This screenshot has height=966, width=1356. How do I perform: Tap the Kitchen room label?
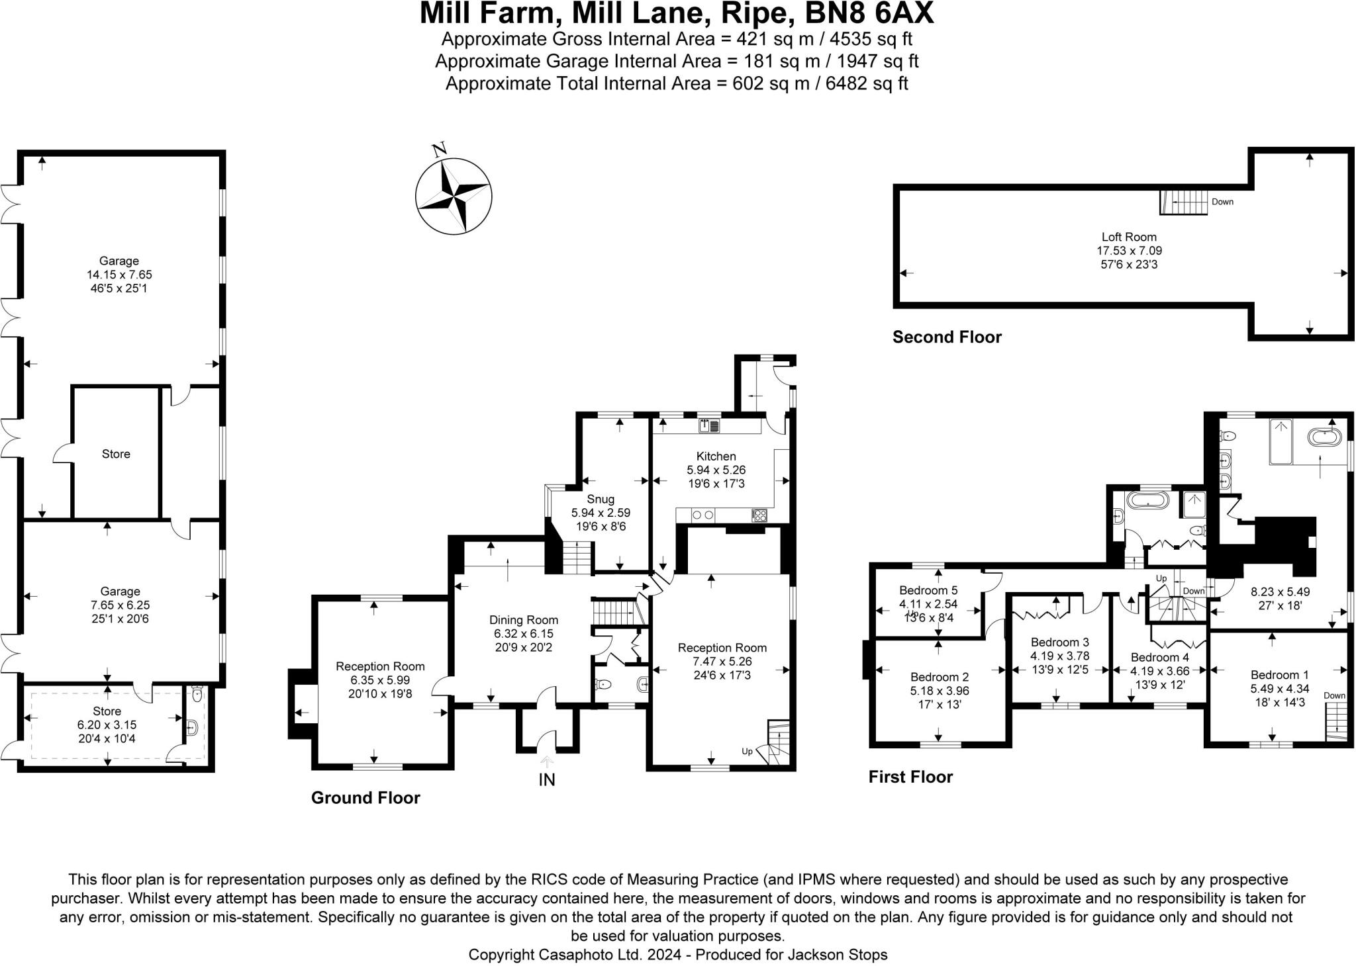pyautogui.click(x=716, y=457)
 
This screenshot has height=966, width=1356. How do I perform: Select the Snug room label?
pyautogui.click(x=600, y=500)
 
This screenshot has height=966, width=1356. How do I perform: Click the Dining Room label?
pyautogui.click(x=523, y=620)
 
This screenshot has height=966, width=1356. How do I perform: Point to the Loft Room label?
pyautogui.click(x=1129, y=237)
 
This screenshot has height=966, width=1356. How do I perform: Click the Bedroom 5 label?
pyautogui.click(x=928, y=590)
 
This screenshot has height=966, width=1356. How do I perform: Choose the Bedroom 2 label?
pyautogui.click(x=939, y=677)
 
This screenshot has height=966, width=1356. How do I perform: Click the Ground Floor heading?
pyautogui.click(x=365, y=798)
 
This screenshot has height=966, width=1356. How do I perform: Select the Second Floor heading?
pyautogui.click(x=946, y=337)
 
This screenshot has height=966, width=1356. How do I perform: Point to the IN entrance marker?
pyautogui.click(x=546, y=780)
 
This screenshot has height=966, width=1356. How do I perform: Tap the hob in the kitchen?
pyautogui.click(x=759, y=515)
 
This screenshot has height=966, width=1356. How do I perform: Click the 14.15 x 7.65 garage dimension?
pyautogui.click(x=119, y=275)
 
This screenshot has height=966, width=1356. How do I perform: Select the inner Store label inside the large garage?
pyautogui.click(x=116, y=455)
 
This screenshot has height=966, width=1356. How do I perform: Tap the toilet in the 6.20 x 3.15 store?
pyautogui.click(x=196, y=695)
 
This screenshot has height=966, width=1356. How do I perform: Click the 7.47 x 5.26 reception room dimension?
pyautogui.click(x=722, y=661)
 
